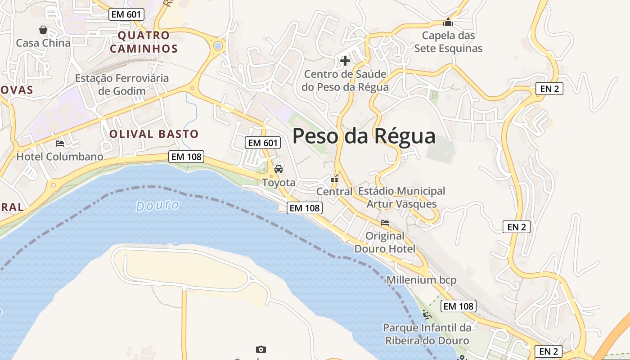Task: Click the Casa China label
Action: [x=43, y=43]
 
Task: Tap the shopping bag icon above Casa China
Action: [x=43, y=30]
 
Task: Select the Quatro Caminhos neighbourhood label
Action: [x=144, y=42]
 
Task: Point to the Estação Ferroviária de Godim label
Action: [x=122, y=85]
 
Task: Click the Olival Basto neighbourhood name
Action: [x=153, y=134]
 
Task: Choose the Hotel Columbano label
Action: [x=60, y=157]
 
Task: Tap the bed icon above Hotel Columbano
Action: [x=60, y=144]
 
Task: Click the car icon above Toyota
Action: [x=279, y=169]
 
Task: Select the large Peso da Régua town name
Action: [x=364, y=136]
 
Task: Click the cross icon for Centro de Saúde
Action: [x=345, y=60]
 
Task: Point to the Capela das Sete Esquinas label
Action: [x=448, y=42]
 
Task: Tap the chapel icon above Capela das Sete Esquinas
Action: [x=448, y=22]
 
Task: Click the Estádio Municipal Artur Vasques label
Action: [x=401, y=198]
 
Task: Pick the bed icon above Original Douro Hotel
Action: [x=384, y=222]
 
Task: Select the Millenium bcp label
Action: [x=422, y=280]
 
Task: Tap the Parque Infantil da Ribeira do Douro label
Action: [x=427, y=334]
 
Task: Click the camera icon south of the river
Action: [x=261, y=349]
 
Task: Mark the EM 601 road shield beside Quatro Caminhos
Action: [x=126, y=14]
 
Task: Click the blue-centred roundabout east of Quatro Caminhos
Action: [x=218, y=45]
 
